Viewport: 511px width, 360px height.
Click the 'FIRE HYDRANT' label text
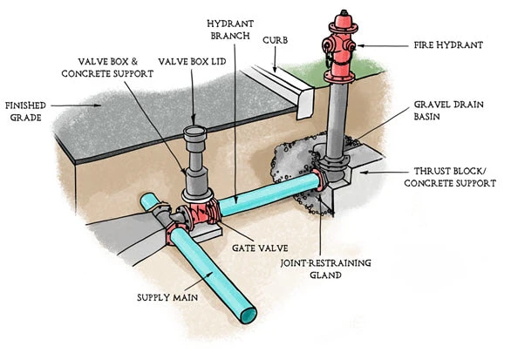coord(448,45)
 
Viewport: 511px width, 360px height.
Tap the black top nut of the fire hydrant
coord(344,13)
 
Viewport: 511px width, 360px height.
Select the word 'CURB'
coord(275,40)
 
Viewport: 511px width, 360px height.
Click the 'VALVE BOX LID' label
coord(192,62)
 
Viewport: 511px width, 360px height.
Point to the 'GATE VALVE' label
coord(260,248)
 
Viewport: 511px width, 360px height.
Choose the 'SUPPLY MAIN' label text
coord(167,297)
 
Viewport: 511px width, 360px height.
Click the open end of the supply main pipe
coord(249,316)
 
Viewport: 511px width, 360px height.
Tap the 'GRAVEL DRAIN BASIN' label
coord(448,111)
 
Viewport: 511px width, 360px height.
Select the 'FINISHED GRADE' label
coord(25,112)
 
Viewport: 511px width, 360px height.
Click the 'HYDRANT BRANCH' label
coord(230,30)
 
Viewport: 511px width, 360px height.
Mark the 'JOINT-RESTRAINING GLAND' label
coord(325,268)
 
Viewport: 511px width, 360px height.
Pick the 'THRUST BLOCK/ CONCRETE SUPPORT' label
coord(450,177)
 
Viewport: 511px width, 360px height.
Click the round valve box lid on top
coord(194,132)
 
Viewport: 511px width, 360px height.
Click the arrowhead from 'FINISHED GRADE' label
coord(97,105)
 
